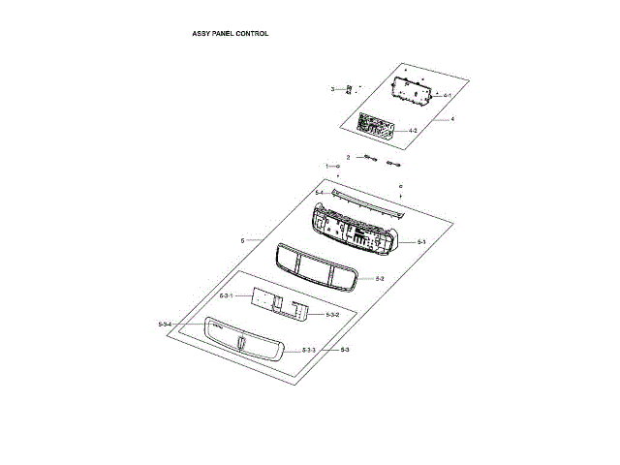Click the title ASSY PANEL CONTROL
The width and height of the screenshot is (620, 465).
pos(230,33)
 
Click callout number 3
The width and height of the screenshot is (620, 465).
pos(332,89)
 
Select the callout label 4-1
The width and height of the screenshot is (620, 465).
pos(448,95)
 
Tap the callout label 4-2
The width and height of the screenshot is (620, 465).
pos(413,131)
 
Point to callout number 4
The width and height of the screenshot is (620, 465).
pos(451,119)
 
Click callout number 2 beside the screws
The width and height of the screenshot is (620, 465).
pos(348,157)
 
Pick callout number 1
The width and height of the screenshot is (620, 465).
pos(326,167)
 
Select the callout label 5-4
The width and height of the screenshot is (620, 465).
pos(319,193)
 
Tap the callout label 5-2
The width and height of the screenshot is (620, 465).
pos(380,279)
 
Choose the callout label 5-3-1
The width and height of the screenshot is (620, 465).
pos(226,294)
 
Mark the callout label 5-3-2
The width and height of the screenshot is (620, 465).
pos(332,316)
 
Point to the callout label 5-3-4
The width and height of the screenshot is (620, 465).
pos(165,324)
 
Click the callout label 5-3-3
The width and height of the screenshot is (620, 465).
pos(308,350)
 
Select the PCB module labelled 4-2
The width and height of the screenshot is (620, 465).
pos(376,126)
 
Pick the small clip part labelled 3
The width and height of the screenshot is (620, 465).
pos(349,89)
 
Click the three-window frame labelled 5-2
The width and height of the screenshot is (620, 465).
pos(318,266)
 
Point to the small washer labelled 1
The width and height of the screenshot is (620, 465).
pos(339,167)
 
